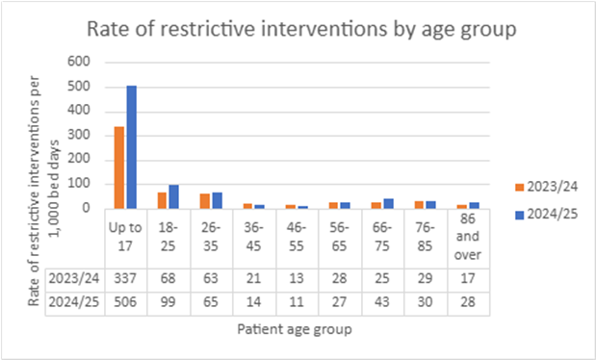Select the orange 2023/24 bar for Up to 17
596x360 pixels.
click(x=119, y=167)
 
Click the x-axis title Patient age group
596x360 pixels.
click(x=298, y=330)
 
